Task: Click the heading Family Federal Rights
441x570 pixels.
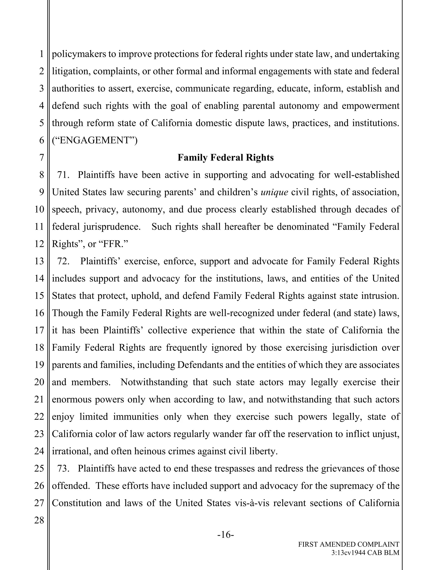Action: click(x=225, y=158)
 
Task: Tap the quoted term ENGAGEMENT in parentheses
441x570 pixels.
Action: click(x=95, y=140)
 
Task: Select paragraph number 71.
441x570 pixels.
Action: click(x=63, y=175)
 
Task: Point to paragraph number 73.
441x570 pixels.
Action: click(x=63, y=468)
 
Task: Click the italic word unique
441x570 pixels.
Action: click(x=274, y=192)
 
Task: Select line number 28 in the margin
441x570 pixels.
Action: click(x=39, y=520)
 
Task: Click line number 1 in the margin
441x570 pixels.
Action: click(x=42, y=54)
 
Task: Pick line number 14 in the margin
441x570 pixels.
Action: click(x=39, y=279)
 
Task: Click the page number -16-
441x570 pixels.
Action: click(x=225, y=535)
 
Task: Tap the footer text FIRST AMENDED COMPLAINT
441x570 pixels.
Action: click(x=349, y=544)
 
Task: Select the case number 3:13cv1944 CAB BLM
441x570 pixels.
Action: click(x=365, y=553)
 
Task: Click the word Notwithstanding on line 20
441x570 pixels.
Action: click(x=154, y=382)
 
